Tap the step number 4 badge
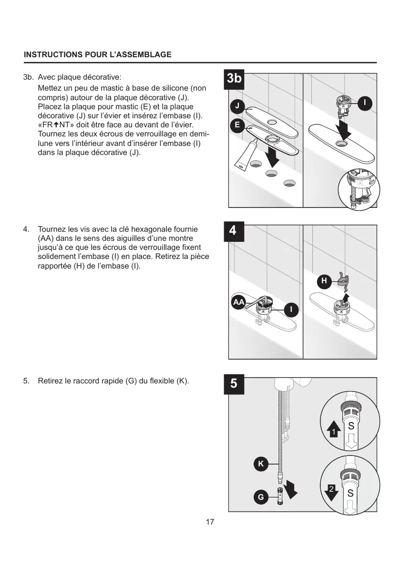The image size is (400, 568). [233, 230]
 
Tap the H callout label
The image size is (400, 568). [324, 281]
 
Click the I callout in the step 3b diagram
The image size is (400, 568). [365, 103]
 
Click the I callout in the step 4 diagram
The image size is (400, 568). [291, 310]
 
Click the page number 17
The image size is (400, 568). [210, 522]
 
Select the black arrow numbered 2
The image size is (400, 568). [332, 491]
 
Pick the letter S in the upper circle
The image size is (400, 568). [351, 426]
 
